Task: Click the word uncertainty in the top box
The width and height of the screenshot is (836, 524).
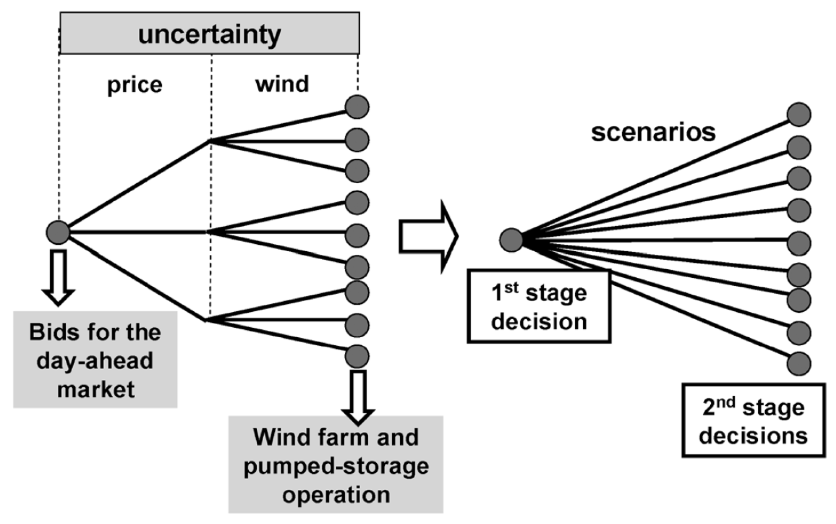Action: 209,35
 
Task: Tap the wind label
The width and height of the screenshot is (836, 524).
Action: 282,84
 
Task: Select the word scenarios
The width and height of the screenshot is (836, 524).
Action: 653,132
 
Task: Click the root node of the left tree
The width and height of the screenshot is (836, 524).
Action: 58,232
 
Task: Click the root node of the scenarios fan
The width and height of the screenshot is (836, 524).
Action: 511,240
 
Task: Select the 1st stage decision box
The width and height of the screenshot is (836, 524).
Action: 539,307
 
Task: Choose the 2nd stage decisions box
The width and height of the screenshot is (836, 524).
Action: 753,420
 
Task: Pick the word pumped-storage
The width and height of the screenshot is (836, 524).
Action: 336,466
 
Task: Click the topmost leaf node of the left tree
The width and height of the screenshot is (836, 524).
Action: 357,107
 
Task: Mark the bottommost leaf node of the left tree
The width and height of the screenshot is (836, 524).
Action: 357,357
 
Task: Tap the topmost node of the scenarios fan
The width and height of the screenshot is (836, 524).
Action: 799,114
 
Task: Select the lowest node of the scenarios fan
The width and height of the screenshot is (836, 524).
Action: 799,363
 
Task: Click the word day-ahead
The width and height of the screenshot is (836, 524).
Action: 95,361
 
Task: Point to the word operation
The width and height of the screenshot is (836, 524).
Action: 336,495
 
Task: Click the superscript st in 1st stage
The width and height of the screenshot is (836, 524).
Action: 512,288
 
